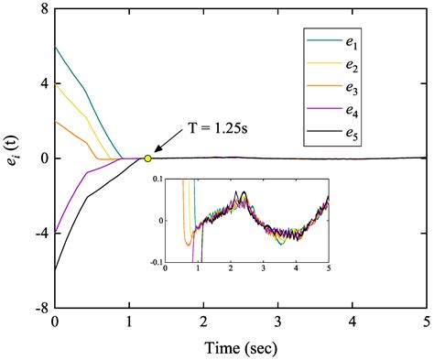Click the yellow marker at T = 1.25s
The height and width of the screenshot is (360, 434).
(147, 158)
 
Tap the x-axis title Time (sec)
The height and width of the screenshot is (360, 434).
(240, 348)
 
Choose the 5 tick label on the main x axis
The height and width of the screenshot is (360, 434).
(425, 323)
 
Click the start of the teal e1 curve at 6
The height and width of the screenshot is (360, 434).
(56, 46)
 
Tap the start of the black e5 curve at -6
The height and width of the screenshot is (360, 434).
(56, 271)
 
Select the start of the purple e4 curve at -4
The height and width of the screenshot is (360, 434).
(56, 234)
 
